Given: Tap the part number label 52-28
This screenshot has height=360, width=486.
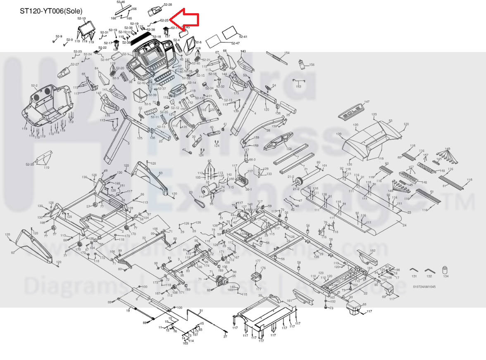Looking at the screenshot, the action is point(168,5).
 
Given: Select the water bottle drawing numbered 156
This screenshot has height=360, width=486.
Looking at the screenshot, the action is point(303,64).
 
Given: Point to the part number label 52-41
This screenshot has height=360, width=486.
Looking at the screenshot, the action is point(243,37).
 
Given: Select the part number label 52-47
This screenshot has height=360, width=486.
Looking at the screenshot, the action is point(235,43).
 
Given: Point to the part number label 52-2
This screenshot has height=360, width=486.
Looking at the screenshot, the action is point(34,86).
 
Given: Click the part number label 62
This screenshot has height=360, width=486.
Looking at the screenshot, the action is point(12,253).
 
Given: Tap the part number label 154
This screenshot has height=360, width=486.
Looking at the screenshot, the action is point(287,53).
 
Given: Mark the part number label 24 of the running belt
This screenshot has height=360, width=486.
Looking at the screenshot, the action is point(404,225).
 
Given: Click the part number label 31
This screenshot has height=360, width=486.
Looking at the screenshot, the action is point(202,310).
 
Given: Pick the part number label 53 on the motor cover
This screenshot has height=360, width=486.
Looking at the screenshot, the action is point(390,121).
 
